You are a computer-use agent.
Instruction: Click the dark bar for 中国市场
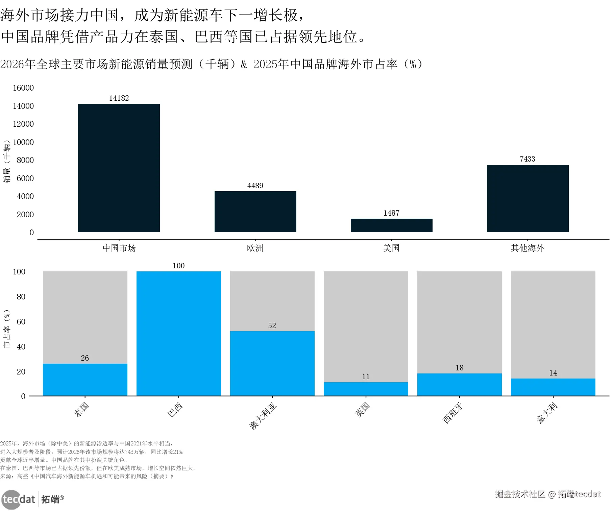point(119,168)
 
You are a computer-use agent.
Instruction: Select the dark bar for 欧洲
point(255,212)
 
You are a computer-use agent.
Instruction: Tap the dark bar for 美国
point(391,225)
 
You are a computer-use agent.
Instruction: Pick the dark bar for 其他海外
point(528,198)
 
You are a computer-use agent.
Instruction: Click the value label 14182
point(119,98)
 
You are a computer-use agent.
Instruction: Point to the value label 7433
point(528,159)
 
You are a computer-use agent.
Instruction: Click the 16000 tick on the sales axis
point(23,88)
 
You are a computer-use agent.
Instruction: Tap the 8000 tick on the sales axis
point(25,160)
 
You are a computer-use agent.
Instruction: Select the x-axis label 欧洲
point(255,248)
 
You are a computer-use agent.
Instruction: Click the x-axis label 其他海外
point(528,248)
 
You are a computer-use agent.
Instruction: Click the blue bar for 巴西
point(179,333)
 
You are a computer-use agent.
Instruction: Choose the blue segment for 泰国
point(85,380)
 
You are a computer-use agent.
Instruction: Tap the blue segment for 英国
point(366,389)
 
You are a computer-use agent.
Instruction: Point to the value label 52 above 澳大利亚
point(272,325)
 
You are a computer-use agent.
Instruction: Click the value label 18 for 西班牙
point(460,368)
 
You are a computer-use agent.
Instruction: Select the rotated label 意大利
point(547,413)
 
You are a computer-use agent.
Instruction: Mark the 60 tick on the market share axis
point(21,321)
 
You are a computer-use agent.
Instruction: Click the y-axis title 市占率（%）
point(7,329)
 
